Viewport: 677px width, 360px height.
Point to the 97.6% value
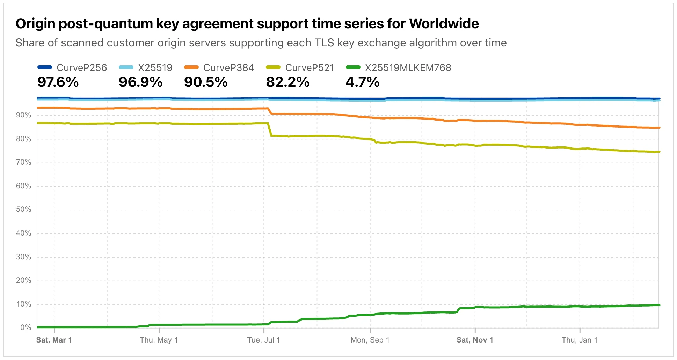coord(58,82)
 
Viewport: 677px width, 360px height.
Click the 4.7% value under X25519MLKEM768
coord(362,82)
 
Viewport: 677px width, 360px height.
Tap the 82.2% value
coord(287,82)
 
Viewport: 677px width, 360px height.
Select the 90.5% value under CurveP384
coord(206,82)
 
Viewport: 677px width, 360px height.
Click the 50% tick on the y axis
coord(23,210)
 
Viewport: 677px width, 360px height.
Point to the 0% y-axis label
coord(26,327)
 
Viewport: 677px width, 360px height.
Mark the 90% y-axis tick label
coord(23,115)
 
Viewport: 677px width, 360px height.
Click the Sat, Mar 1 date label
coord(54,340)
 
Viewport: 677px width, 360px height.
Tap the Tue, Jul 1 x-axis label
coord(264,340)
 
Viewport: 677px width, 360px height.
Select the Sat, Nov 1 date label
coord(475,340)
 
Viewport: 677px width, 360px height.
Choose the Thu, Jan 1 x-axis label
coord(580,340)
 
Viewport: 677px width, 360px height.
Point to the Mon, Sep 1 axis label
coord(370,340)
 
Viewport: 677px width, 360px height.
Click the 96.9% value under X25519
coord(140,82)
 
